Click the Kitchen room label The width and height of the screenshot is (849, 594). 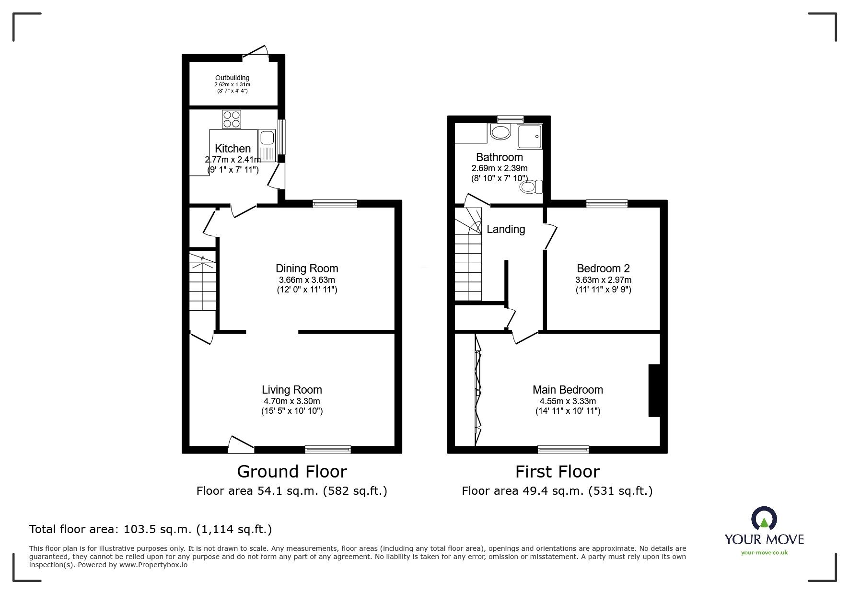pos(233,149)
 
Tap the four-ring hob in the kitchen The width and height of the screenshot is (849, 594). pos(231,119)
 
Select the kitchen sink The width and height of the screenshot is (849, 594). pos(266,139)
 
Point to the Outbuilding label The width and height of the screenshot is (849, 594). pos(232,78)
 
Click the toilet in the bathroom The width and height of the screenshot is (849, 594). pos(532,186)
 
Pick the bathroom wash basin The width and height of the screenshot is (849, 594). pos(501,132)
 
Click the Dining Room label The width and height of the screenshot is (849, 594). pos(307,268)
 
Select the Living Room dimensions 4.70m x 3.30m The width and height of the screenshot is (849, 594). pos(291,401)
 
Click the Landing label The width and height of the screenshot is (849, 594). pos(506,229)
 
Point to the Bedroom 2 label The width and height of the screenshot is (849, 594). pos(603,268)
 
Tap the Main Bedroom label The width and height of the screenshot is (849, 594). pos(568,390)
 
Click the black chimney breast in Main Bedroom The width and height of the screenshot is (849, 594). pos(654,391)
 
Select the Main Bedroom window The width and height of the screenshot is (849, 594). pos(563,449)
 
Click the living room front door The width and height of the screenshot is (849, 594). pos(241,445)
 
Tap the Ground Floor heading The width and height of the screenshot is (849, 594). pos(292,472)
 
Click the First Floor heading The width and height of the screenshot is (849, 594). pos(558,472)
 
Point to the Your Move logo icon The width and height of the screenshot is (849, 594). pos(764,518)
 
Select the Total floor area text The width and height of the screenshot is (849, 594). pos(151,529)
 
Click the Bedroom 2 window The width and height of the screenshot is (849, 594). pos(607,204)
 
